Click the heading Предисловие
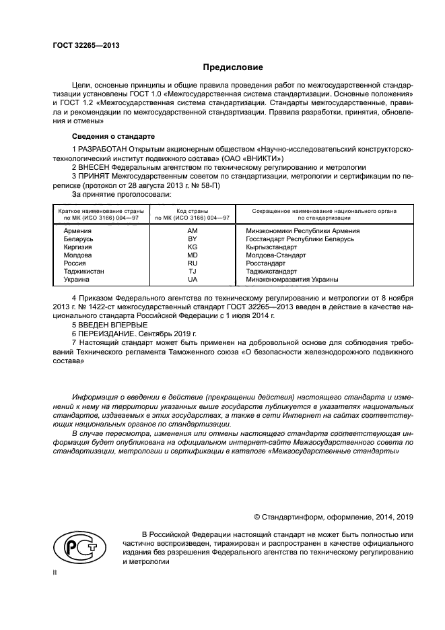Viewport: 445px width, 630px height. (234, 67)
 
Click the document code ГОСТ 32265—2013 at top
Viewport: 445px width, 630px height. (81, 45)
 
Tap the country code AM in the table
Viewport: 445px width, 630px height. (193, 231)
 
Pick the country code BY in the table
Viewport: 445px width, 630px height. (193, 239)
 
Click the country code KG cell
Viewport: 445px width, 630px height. (193, 247)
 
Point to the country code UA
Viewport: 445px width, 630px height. (193, 279)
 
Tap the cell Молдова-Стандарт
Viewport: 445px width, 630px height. (276, 255)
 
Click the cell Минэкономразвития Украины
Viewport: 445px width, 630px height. (292, 279)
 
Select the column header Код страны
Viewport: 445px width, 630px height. (193, 211)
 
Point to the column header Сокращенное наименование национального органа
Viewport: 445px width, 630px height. (324, 211)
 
